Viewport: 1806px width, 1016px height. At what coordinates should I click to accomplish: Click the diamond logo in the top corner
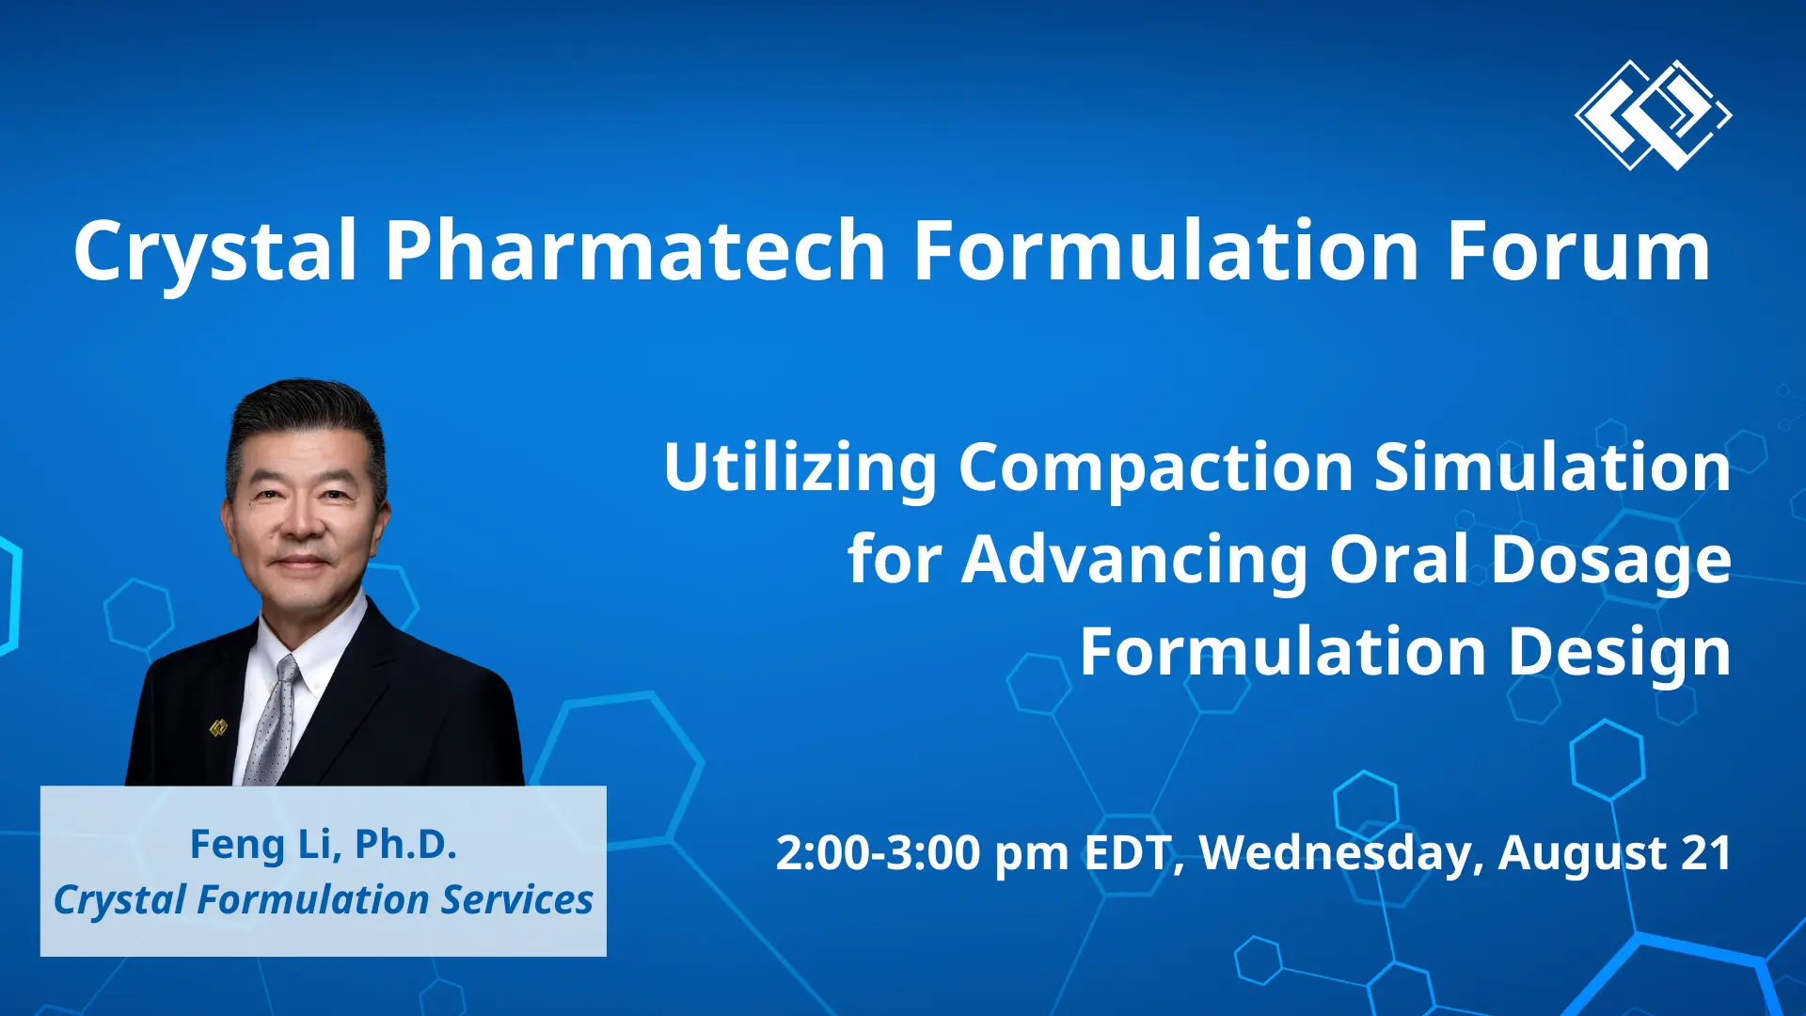click(x=1653, y=115)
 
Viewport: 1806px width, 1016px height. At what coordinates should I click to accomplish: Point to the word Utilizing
click(x=800, y=467)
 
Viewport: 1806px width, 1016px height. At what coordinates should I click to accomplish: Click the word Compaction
click(x=1155, y=467)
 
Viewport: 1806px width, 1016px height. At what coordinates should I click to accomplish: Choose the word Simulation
click(x=1552, y=467)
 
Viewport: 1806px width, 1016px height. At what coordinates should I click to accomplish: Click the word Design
click(x=1619, y=652)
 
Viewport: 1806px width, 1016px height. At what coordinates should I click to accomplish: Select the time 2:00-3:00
click(x=879, y=853)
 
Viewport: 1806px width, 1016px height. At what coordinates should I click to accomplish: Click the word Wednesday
click(x=1338, y=853)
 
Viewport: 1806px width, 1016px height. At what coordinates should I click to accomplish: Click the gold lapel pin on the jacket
click(x=218, y=727)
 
